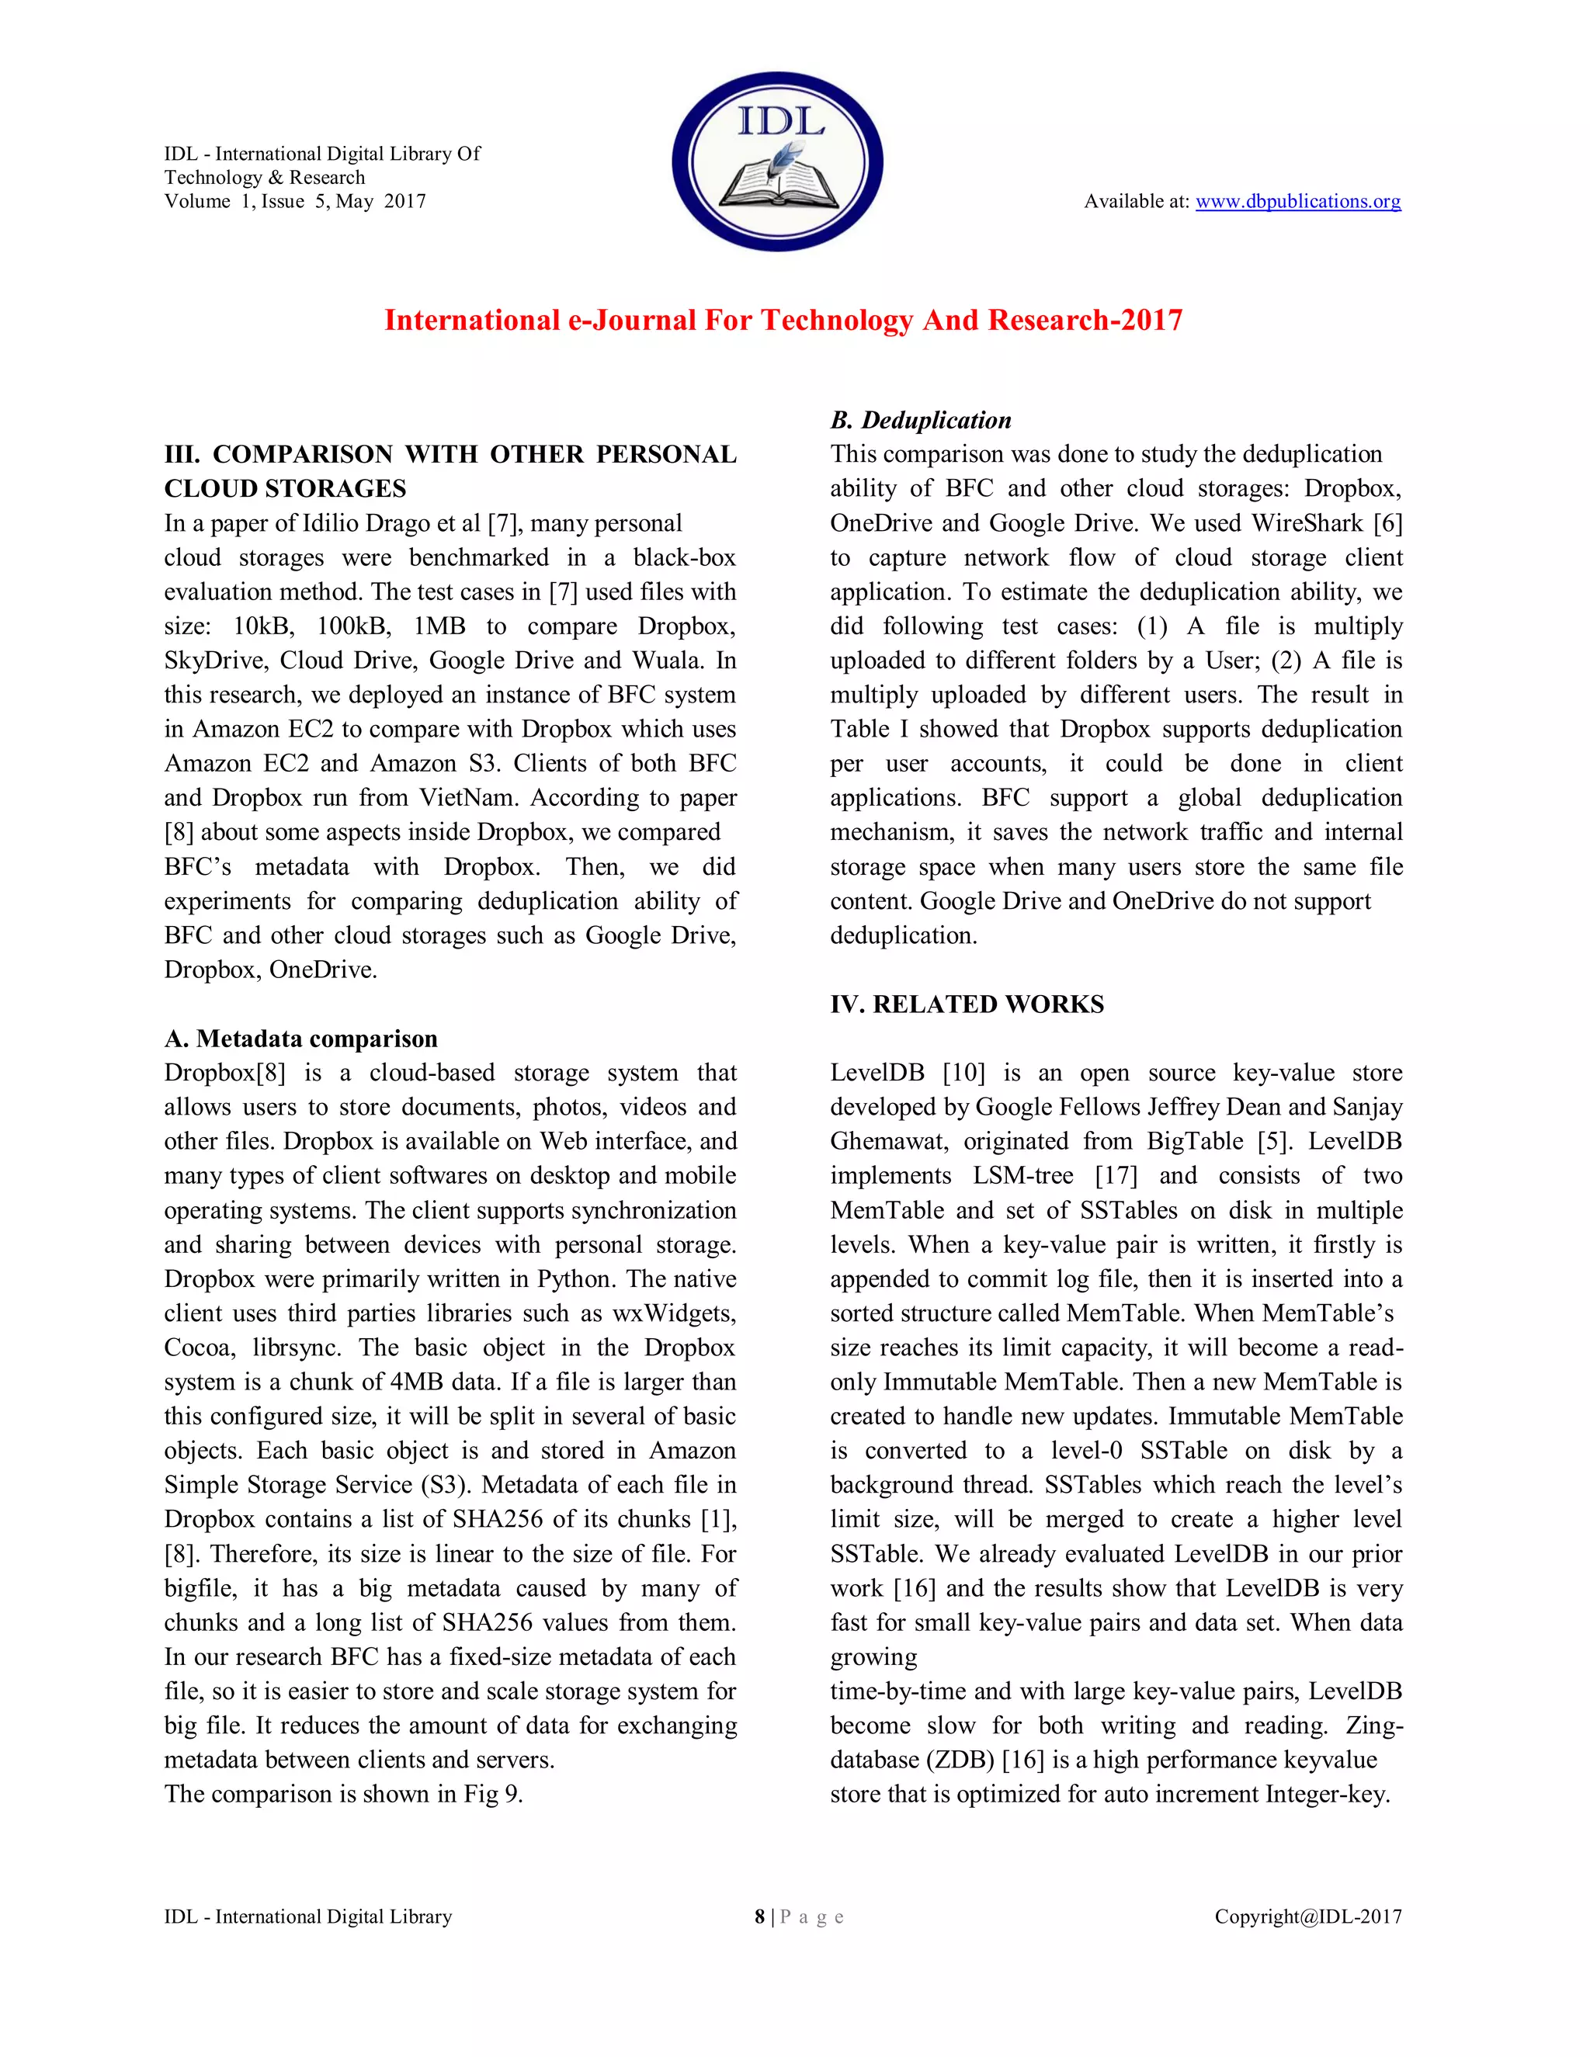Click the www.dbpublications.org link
click(x=1297, y=202)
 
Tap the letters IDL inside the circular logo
click(x=780, y=120)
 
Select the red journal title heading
click(x=783, y=321)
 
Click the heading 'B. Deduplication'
click(x=920, y=420)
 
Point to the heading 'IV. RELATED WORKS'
click(x=967, y=1004)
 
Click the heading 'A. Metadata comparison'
click(x=300, y=1039)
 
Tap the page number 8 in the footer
click(x=759, y=1917)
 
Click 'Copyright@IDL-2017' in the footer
click(x=1307, y=1917)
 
